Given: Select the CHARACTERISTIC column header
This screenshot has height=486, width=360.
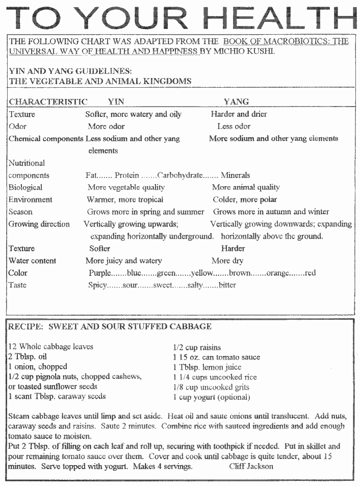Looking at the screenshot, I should coord(48,101).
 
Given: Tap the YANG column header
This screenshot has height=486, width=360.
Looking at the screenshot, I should coord(236,101).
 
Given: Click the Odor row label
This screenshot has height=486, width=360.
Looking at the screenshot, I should coord(17,126).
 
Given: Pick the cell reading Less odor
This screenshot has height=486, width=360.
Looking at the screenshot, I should coord(234,126).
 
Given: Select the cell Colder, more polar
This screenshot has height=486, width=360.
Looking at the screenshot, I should coord(245,199).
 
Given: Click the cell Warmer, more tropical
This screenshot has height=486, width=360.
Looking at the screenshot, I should coord(125,199).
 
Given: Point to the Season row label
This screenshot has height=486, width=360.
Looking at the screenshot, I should coord(20,212).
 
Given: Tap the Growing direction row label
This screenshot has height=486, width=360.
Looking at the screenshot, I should coord(39,224).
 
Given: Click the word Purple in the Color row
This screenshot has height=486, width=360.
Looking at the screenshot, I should coord(100,273).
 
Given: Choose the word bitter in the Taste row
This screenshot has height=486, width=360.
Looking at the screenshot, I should coord(227,285).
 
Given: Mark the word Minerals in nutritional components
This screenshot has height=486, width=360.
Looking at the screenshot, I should coord(235,175).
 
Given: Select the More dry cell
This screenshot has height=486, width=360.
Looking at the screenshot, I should coord(227,261).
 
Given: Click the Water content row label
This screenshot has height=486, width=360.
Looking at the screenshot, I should coord(32,261).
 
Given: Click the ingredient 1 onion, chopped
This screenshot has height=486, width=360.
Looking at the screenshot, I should coord(37,367).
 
